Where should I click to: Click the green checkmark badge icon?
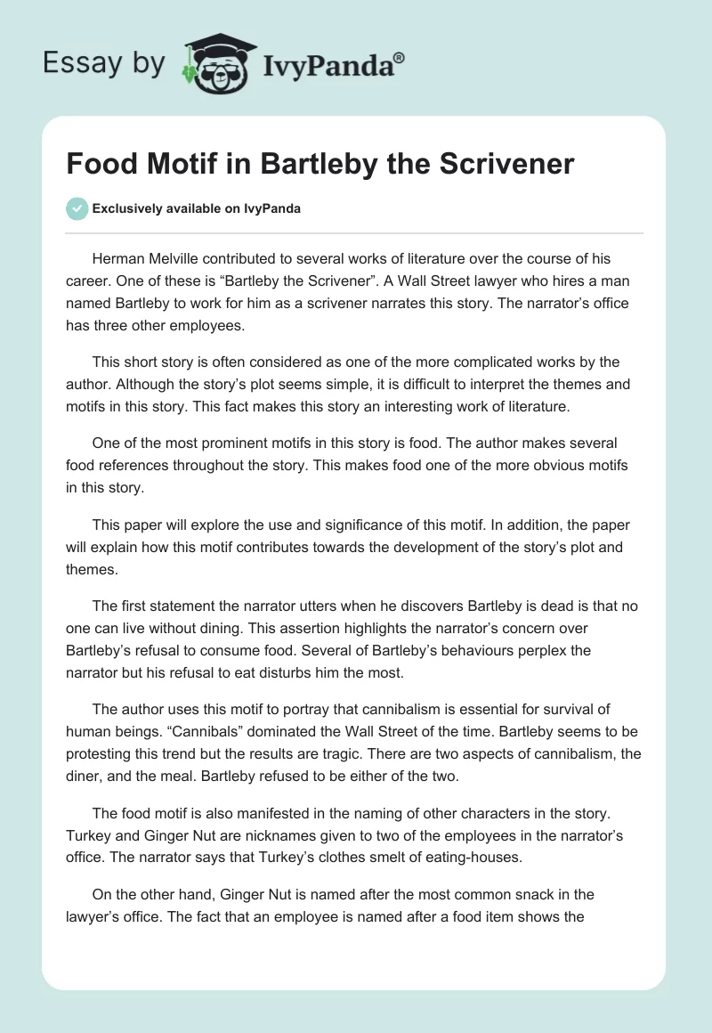point(77,208)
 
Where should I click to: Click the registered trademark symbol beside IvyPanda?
point(400,59)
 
